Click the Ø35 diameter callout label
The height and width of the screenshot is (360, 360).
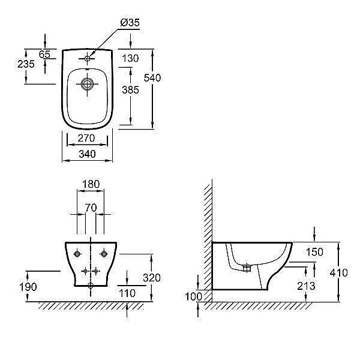point(130,23)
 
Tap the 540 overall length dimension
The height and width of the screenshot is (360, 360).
point(152,78)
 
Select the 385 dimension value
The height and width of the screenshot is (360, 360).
point(130,90)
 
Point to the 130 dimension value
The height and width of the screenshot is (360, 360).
point(130,58)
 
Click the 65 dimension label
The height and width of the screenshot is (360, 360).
point(44,55)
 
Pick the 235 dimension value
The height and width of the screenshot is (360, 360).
point(26,64)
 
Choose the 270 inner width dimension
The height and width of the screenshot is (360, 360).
point(86,138)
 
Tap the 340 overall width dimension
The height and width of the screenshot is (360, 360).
point(87,154)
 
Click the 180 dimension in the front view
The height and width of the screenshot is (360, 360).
point(91,184)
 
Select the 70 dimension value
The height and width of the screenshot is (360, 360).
point(91,208)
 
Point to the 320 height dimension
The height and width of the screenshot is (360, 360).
point(152,278)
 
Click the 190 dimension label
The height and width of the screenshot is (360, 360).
point(28,287)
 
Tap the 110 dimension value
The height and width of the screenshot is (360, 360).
point(127,293)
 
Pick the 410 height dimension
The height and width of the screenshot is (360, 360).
point(338,273)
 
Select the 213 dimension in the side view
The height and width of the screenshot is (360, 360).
point(306,286)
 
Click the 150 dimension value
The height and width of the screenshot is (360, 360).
point(314,252)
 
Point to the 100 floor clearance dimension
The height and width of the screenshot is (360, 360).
point(193,296)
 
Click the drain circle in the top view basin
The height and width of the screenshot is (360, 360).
point(87,84)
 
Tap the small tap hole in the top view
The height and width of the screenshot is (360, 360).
point(87,59)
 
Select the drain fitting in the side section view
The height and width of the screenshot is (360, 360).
point(247,268)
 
